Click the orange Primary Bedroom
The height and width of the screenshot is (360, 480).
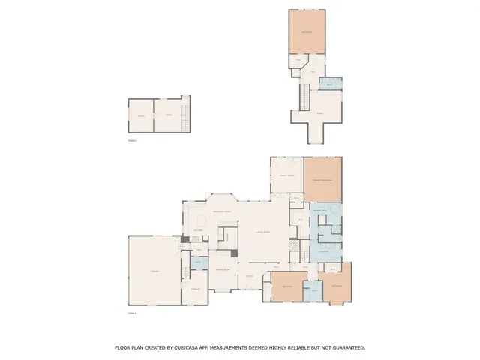point(322,180)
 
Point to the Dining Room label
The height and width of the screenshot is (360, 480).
point(222,268)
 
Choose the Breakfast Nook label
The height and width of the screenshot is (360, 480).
point(222,212)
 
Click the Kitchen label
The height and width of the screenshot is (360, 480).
point(199,229)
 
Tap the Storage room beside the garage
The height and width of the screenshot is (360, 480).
point(195,289)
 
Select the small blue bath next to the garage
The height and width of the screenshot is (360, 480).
point(199,262)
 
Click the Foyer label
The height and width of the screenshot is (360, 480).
point(250,276)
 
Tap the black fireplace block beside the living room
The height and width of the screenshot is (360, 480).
point(235,253)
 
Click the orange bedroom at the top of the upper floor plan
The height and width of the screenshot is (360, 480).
point(307,32)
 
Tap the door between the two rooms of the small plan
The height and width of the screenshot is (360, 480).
point(154,115)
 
